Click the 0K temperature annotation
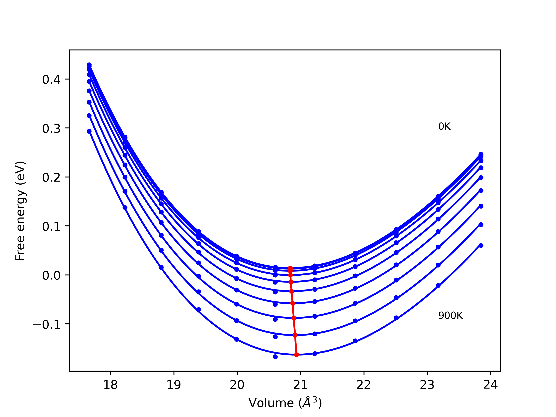click(x=444, y=126)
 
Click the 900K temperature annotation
click(x=450, y=316)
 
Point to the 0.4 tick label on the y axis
click(x=51, y=80)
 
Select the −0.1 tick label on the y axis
click(x=47, y=324)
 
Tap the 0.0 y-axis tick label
click(x=51, y=275)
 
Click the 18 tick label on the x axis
click(x=110, y=385)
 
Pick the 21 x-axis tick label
click(x=300, y=385)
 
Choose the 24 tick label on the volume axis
click(x=490, y=385)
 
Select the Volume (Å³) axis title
click(x=285, y=403)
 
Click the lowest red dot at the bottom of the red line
click(x=297, y=355)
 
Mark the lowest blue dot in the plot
click(x=275, y=357)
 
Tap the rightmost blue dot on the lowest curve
click(x=481, y=246)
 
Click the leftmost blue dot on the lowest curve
click(x=89, y=131)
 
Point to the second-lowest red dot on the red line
click(x=295, y=335)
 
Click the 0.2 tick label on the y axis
click(x=51, y=178)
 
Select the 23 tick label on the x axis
click(x=427, y=385)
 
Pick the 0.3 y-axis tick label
click(x=51, y=129)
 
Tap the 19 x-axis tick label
click(x=174, y=385)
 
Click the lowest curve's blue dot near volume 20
click(x=237, y=339)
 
